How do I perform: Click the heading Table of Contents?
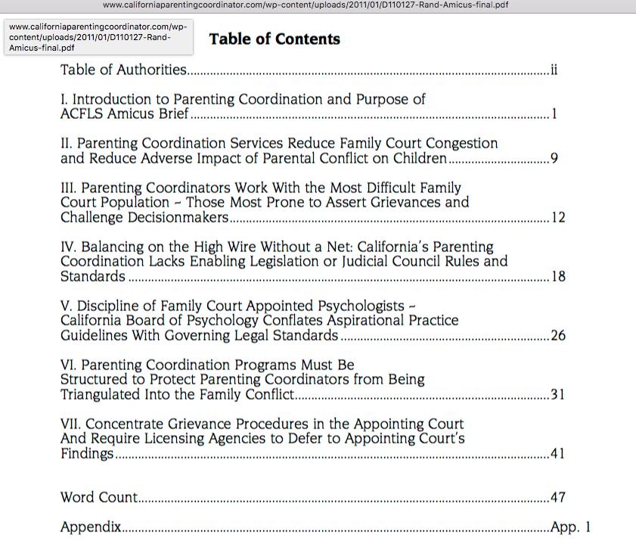tap(275, 39)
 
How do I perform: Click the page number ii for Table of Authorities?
tap(554, 70)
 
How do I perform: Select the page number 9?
tap(554, 159)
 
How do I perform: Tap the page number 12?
tap(558, 218)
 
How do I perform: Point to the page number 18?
tap(558, 277)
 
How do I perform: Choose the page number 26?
tap(558, 336)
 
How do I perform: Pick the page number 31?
tap(558, 395)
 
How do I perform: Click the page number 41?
tap(558, 454)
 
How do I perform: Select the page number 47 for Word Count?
tap(558, 498)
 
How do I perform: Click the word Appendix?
tap(91, 528)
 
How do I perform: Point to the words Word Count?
tap(99, 498)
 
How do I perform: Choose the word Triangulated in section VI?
tap(101, 395)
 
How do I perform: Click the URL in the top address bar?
tap(318, 5)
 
